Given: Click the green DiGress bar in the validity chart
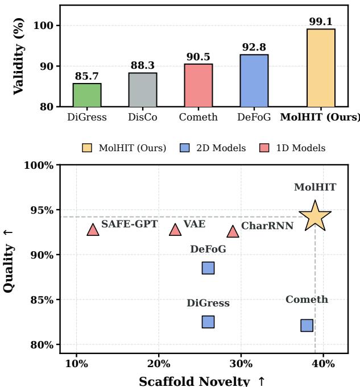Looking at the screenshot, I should click(87, 95).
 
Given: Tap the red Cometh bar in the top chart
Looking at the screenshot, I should click(198, 85).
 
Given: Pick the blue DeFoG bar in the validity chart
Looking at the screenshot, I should click(254, 81).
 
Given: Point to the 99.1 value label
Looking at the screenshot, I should click(321, 22).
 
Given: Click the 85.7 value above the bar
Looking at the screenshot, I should click(87, 77).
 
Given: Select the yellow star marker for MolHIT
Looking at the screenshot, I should click(315, 217).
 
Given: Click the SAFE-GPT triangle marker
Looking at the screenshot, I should click(93, 230).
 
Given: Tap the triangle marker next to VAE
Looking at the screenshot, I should click(175, 230).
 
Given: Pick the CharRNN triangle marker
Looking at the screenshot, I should click(233, 231).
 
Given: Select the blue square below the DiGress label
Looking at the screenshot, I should click(208, 322).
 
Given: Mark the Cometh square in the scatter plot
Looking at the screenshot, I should click(307, 326).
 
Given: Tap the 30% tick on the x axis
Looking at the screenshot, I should click(241, 363).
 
